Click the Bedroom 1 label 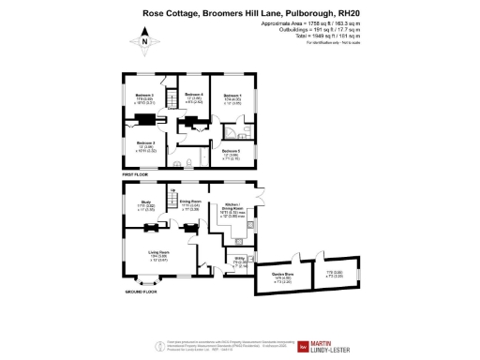(x=231, y=96)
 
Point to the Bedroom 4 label (x=195, y=96)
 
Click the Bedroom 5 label (x=231, y=152)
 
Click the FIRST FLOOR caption (x=136, y=175)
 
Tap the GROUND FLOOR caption (x=142, y=292)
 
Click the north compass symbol (x=144, y=40)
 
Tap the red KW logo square (x=303, y=346)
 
